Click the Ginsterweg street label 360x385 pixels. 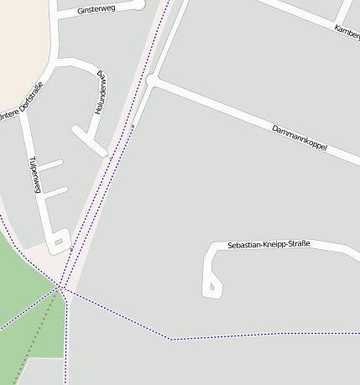pyautogui.click(x=96, y=9)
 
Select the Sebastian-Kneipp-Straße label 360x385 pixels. pyautogui.click(x=269, y=244)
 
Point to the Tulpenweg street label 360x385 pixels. pyautogui.click(x=34, y=174)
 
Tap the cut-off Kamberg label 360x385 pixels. pyautogui.click(x=347, y=30)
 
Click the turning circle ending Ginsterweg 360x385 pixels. pyautogui.click(x=139, y=3)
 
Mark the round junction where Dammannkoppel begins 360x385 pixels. pyautogui.click(x=152, y=80)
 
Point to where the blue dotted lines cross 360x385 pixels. pyautogui.click(x=61, y=289)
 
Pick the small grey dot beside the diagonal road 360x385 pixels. pyautogui.click(x=133, y=127)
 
